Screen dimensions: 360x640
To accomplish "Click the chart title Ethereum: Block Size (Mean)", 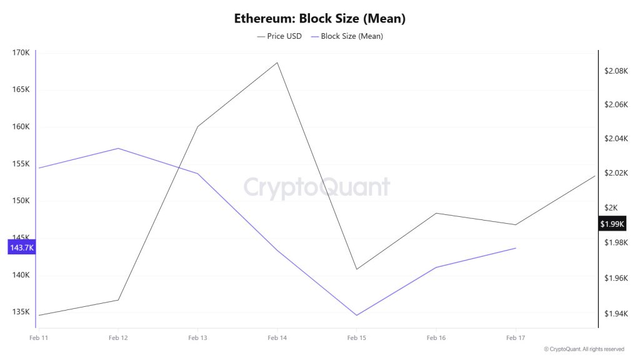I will (320, 18).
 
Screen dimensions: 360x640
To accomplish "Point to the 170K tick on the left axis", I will (21, 52).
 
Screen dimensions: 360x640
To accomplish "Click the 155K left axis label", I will (21, 164).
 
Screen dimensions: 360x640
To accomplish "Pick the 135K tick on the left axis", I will (21, 312).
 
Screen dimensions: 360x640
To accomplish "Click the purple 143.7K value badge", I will (21, 248).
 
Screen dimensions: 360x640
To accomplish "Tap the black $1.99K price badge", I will (612, 224).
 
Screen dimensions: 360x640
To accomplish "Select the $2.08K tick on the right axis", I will (616, 71).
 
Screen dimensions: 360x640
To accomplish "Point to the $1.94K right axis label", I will (616, 314).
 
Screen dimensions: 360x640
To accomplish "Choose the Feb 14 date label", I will (277, 338).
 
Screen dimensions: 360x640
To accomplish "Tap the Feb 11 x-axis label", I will (39, 338).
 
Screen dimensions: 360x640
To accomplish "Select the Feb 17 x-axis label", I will (515, 338).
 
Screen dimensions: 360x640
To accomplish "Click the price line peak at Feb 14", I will (277, 62).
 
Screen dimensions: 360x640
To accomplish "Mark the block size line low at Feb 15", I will (356, 315).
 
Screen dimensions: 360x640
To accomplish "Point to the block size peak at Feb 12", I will (118, 148).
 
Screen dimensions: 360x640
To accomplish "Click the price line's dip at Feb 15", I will (356, 269).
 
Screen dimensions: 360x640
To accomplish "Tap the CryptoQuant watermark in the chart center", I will (316, 187).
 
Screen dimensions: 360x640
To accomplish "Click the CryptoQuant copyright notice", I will (583, 349).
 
